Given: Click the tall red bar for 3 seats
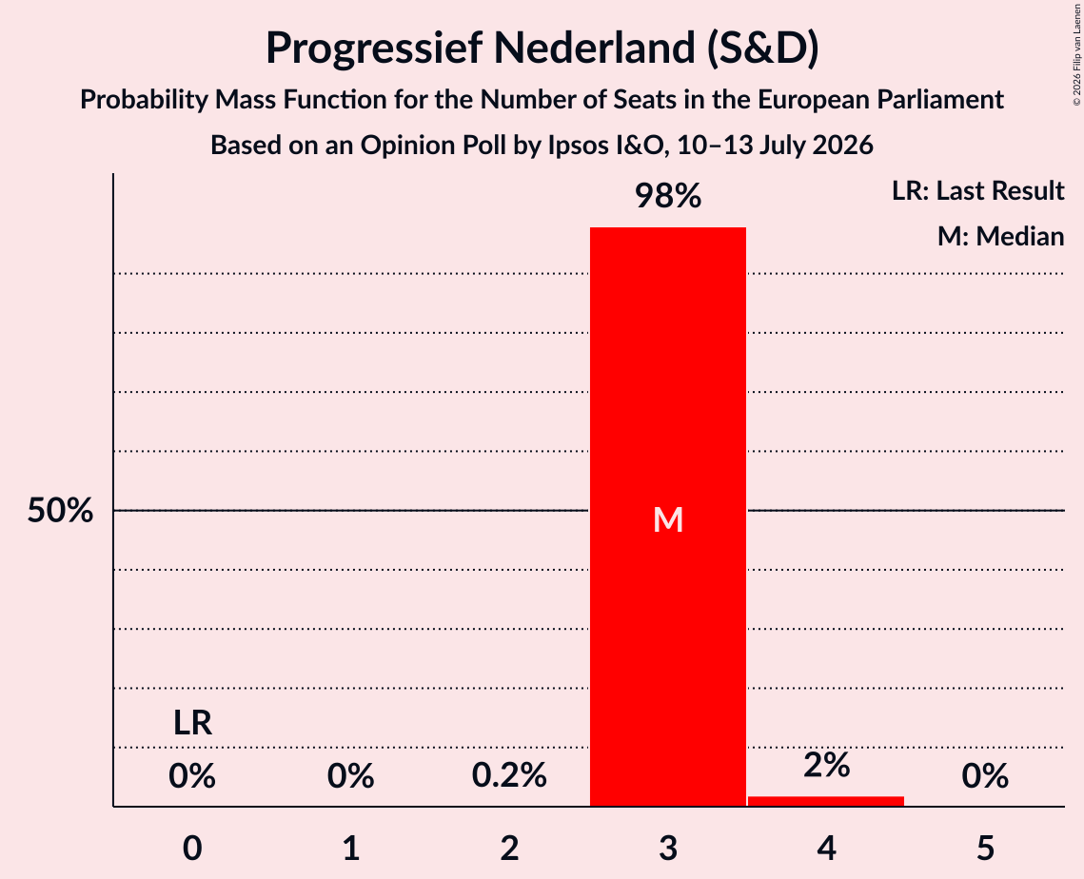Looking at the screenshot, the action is pos(668,517).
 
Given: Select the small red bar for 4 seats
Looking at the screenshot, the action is pos(826,801).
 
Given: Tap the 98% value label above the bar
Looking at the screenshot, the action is pos(668,196).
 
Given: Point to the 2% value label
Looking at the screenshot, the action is pos(826,765).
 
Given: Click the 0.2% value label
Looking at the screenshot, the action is pos(509,775).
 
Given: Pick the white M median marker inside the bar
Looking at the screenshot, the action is pos(668,519).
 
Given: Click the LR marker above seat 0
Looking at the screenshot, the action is pos(192,723).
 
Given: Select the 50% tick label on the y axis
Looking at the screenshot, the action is pos(60,511).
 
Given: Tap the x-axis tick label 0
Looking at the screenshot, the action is pos(192,848).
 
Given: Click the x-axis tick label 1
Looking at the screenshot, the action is pos(351,848).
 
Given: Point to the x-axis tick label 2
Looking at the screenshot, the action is pos(509,848).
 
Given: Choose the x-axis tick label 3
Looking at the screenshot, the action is pos(668,848).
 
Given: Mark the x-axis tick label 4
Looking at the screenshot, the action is pos(826,848).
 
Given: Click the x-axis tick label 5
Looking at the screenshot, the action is pos(985,848).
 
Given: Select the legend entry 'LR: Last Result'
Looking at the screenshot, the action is pos(977,190).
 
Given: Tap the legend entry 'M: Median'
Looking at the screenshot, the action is pos(1000,236).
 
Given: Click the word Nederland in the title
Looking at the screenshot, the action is pos(594,48).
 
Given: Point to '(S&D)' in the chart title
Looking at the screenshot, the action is pos(761,49).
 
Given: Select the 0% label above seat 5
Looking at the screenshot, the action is pos(985,775).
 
